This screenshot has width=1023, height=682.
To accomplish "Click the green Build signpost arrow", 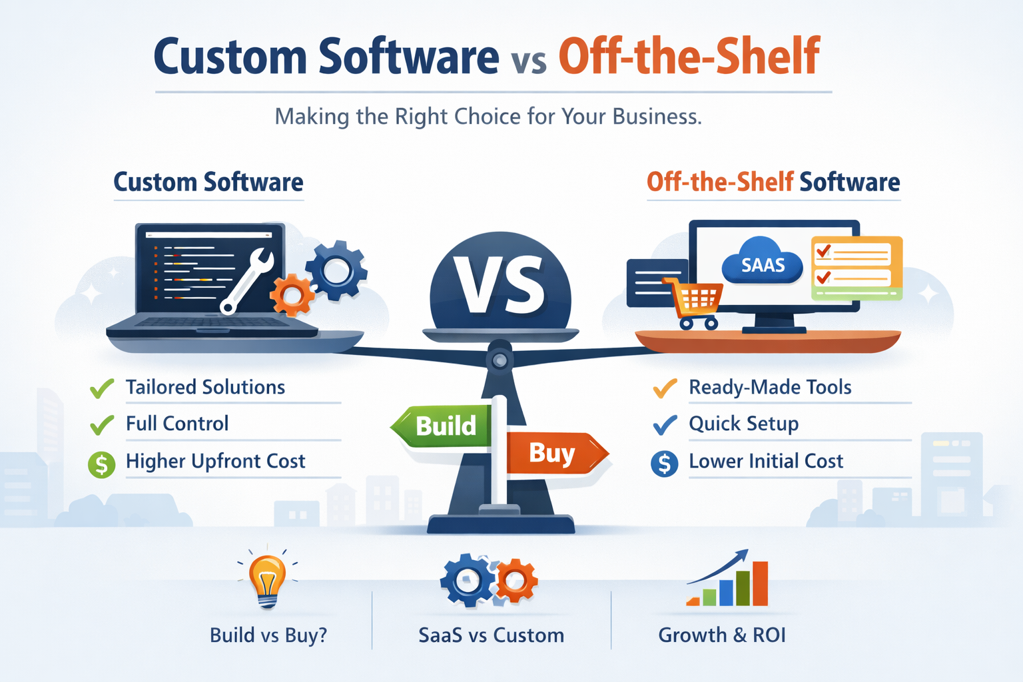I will click(x=443, y=426).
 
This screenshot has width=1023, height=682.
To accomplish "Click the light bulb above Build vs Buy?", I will click(x=267, y=578).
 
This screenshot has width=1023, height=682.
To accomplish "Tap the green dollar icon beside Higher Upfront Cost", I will click(x=102, y=464).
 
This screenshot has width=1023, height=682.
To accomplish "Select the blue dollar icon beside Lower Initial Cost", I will click(x=664, y=464).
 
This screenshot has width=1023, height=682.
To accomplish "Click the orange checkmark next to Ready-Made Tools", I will click(x=665, y=388).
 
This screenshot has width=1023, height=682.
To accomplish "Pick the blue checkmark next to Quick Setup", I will click(x=665, y=424).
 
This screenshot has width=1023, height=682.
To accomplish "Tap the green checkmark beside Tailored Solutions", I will click(x=102, y=388).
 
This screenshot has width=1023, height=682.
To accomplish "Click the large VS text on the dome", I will click(x=500, y=284).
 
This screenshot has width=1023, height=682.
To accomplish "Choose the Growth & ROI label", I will click(x=722, y=635).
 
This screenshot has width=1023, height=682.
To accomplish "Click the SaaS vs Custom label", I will click(x=491, y=635).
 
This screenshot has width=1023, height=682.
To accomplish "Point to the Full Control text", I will click(x=177, y=424).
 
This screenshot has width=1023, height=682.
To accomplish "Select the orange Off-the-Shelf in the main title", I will click(x=689, y=57).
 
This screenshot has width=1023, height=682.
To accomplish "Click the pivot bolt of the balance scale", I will click(x=500, y=360).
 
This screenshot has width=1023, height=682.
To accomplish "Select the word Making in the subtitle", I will click(x=312, y=117).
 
